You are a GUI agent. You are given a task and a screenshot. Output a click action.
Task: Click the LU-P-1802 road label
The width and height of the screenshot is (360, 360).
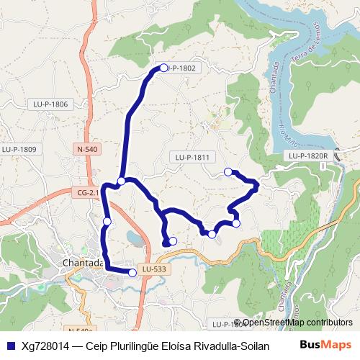[x=182, y=68]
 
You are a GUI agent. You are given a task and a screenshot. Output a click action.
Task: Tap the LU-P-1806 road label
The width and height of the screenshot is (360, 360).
[x=50, y=104]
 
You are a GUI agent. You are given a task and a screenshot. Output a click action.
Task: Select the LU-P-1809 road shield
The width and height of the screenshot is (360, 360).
[x=19, y=149]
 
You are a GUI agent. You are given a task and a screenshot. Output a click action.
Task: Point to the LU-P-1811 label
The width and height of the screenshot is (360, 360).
[x=192, y=157]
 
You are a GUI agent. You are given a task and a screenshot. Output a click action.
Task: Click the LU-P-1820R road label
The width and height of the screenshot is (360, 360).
[x=308, y=156]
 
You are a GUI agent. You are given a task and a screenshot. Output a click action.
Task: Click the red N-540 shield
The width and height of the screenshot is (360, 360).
[x=86, y=150]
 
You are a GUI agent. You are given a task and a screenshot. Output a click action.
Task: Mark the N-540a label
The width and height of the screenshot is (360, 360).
[x=84, y=330]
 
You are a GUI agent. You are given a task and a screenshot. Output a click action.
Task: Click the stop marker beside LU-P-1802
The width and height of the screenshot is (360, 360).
[x=163, y=68]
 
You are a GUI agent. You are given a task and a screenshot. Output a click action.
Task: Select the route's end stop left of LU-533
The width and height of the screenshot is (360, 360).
[x=132, y=272]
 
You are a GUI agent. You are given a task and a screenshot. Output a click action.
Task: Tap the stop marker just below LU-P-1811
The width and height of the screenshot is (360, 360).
[x=228, y=171]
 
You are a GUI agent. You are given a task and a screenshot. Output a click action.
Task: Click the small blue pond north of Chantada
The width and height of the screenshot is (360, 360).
[x=134, y=237]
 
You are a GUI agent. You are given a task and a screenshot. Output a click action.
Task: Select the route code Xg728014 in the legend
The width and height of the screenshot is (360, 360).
[x=45, y=346]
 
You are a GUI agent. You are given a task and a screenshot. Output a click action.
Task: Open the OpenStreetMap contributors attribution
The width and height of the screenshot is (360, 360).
[x=297, y=323]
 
